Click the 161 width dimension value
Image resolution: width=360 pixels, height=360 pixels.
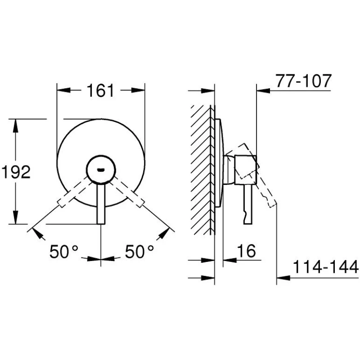click(x=100, y=90)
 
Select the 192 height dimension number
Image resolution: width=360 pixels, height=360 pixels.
click(x=16, y=172)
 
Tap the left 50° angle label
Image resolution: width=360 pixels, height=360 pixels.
click(x=64, y=252)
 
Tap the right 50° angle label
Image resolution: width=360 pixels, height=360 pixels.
click(x=139, y=252)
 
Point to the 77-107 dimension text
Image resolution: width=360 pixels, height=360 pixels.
click(x=303, y=81)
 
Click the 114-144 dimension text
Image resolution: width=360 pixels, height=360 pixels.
click(x=325, y=266)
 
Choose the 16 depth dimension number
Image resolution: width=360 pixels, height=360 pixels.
click(x=246, y=251)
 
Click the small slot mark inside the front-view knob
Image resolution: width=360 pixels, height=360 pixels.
click(x=101, y=170)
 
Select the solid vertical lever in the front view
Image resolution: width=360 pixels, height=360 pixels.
click(x=101, y=203)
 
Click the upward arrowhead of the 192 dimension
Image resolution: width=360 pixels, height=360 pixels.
click(x=15, y=126)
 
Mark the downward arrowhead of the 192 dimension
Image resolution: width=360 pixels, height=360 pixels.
click(x=15, y=217)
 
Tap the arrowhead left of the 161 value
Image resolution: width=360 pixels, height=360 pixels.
click(x=63, y=90)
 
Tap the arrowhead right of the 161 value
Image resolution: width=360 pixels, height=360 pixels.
click(x=138, y=90)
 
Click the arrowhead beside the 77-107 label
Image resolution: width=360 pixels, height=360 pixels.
click(x=263, y=91)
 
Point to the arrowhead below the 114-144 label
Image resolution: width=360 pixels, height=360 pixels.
click(x=283, y=278)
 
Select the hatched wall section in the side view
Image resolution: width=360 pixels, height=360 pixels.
click(x=201, y=170)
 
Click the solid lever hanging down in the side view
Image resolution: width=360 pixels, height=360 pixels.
click(x=248, y=204)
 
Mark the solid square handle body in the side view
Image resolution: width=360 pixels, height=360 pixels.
click(x=245, y=170)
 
